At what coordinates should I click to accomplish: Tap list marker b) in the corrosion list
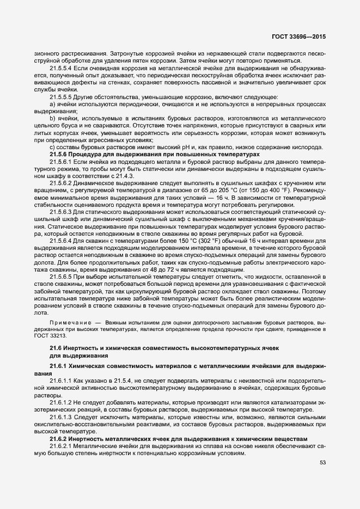pos(52,118)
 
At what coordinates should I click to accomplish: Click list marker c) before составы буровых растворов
pos(52,147)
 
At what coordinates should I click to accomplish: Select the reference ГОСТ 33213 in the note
pos(50,336)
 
